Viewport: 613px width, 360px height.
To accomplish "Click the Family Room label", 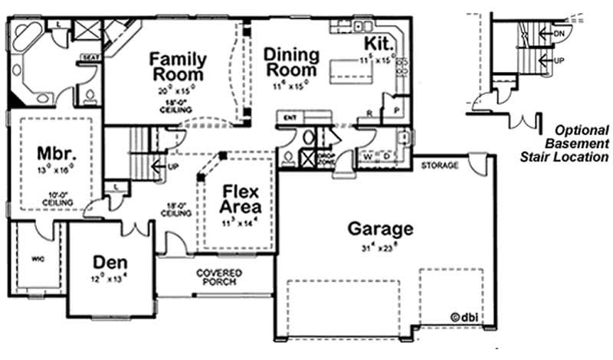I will pyautogui.click(x=178, y=67).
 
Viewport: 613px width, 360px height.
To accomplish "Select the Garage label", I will pyautogui.click(x=381, y=228).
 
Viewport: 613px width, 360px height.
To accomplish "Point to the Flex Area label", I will pyautogui.click(x=241, y=199).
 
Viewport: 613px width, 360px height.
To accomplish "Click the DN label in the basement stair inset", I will pyautogui.click(x=559, y=34).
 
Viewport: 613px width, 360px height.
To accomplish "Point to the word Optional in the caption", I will pyautogui.click(x=582, y=130).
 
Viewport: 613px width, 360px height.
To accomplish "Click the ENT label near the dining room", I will pyautogui.click(x=290, y=118).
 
